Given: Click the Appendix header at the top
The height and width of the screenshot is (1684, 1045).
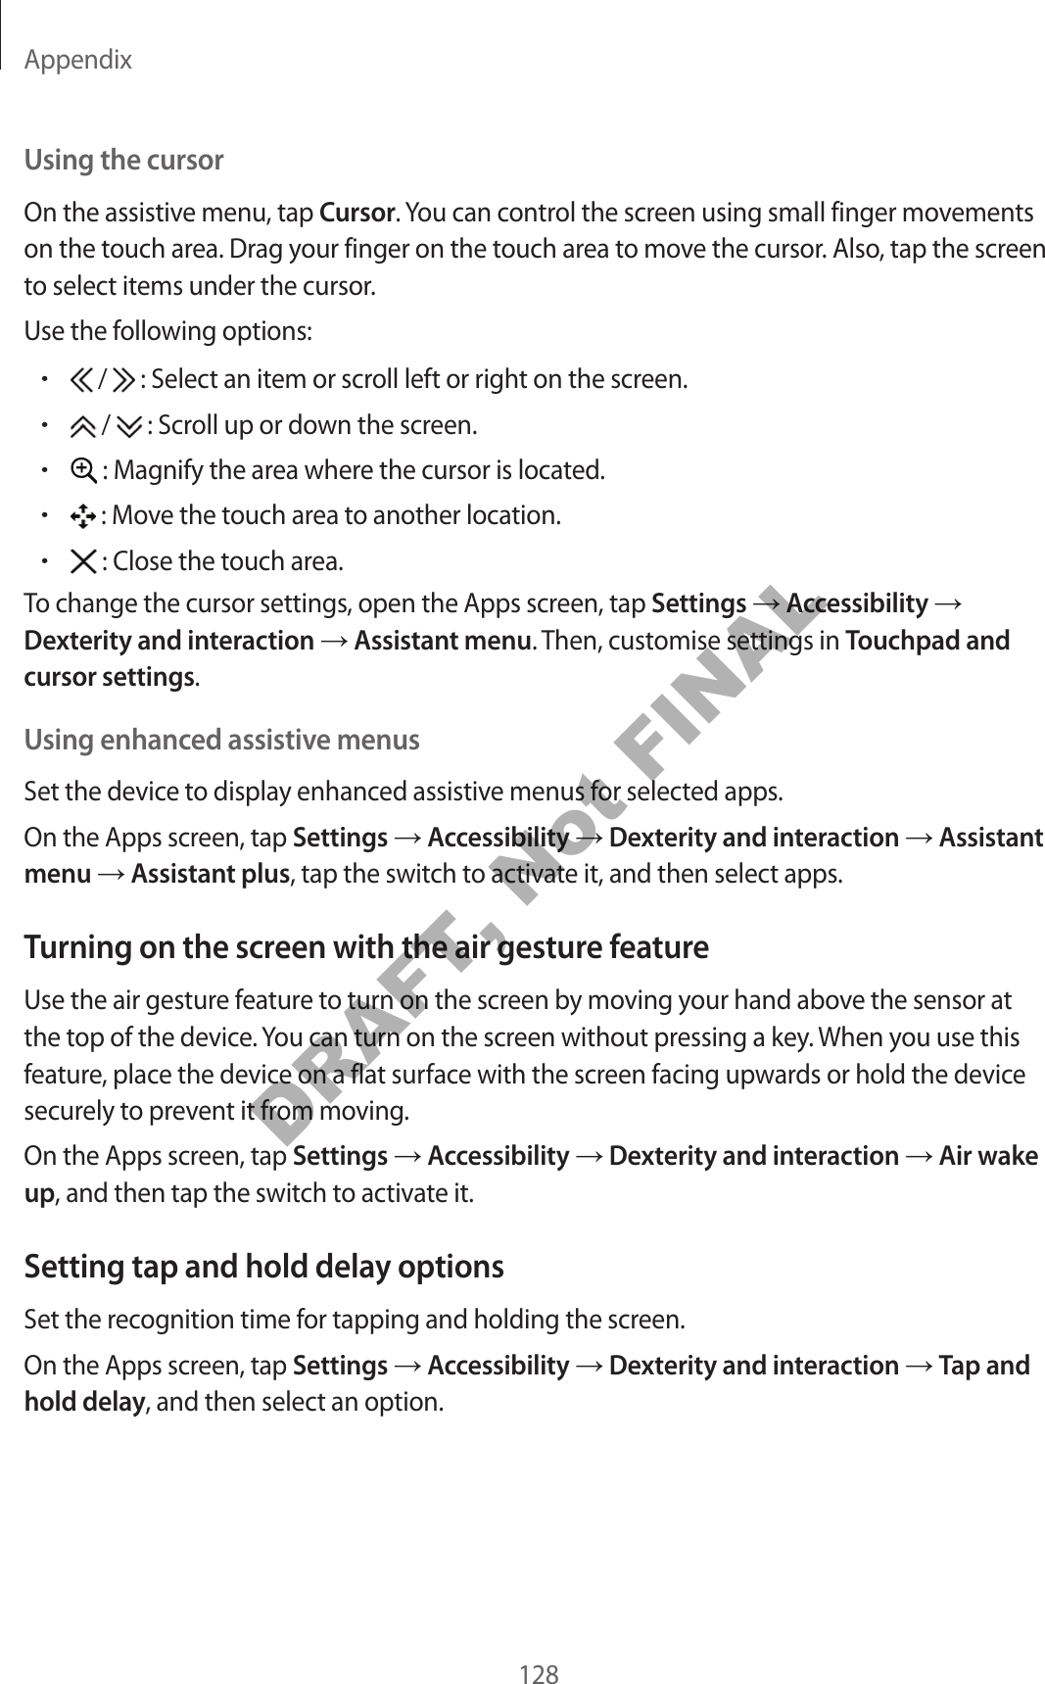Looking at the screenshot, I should [77, 61].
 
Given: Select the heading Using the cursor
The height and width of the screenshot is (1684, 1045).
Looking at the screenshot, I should [123, 160].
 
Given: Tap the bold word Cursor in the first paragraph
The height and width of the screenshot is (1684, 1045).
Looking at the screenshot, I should [357, 213].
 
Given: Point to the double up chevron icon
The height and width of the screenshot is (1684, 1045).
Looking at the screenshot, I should [84, 426].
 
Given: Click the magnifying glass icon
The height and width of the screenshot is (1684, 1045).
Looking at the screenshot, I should [83, 470].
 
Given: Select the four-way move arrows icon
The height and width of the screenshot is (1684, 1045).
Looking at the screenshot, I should [83, 515].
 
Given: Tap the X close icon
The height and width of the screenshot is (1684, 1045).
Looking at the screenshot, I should [83, 561].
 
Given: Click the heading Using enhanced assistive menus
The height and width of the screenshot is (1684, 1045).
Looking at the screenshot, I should [221, 739].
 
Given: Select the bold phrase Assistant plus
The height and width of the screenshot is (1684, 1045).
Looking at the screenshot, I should [210, 873].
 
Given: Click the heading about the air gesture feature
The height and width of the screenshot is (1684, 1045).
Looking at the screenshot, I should [365, 947].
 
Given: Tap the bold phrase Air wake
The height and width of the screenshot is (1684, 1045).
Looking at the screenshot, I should [987, 1156].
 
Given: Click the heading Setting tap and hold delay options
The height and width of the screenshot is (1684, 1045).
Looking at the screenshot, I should [263, 1267].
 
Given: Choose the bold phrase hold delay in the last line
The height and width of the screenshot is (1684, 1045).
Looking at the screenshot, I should [83, 1402].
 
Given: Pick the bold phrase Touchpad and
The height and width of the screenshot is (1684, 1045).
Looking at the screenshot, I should [926, 641].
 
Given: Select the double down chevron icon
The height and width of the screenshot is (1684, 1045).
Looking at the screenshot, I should [129, 426].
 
